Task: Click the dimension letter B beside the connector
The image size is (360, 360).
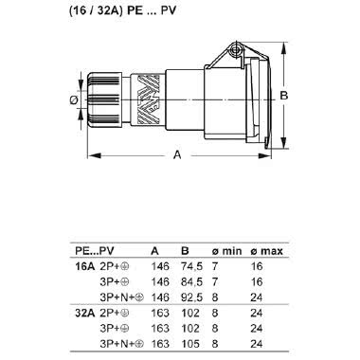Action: (283, 97)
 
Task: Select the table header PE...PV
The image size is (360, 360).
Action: (94, 251)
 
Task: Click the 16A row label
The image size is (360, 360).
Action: (85, 266)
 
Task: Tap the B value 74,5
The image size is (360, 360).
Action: (189, 266)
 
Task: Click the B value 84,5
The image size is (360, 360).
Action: (189, 281)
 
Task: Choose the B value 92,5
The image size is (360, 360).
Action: (189, 296)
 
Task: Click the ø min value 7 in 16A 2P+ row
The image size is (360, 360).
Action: (216, 266)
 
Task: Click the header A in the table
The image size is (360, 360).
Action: (154, 251)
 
